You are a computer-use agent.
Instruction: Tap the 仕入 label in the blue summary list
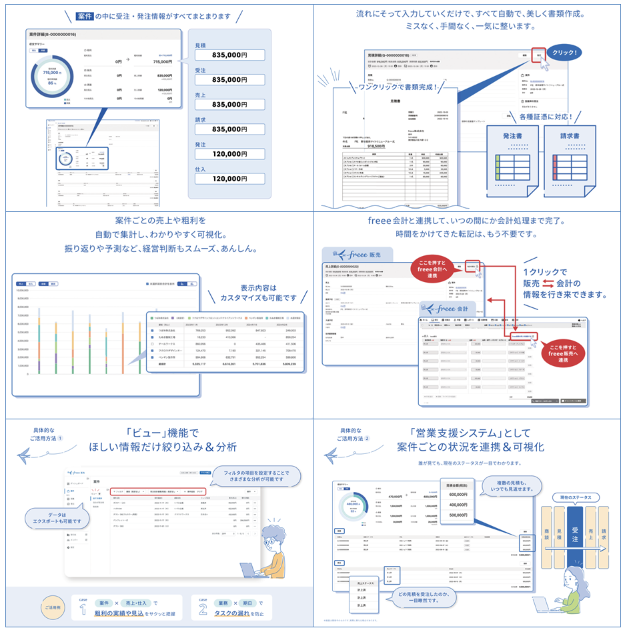(199, 169)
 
